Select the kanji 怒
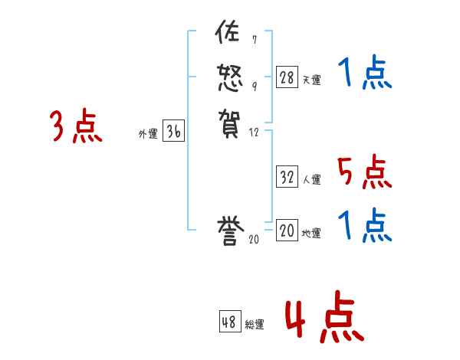[228, 77]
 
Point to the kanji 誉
[228, 231]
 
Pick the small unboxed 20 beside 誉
[254, 241]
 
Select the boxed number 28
[287, 77]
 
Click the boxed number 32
[287, 177]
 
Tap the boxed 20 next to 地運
[287, 231]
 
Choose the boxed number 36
[173, 132]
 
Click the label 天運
[311, 80]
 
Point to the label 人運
[311, 180]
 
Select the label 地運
[311, 234]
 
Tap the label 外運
[148, 134]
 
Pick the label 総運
[255, 325]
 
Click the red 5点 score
[364, 172]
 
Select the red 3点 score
[76, 127]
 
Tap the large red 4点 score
[323, 319]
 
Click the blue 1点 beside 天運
[364, 74]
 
